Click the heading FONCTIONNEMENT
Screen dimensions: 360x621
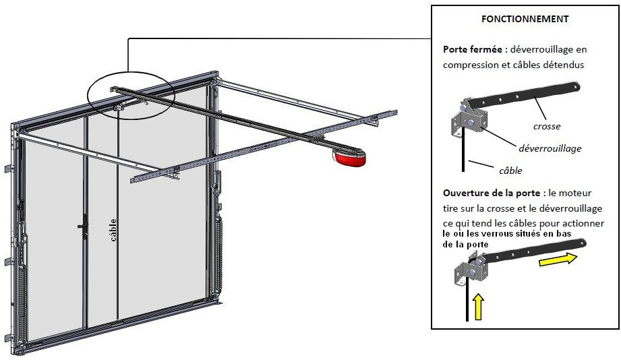point(525,19)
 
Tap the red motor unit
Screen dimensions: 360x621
point(349,158)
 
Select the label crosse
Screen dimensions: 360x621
point(546,126)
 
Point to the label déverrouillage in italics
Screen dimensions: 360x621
point(550,148)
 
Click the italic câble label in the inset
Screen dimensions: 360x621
point(510,171)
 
